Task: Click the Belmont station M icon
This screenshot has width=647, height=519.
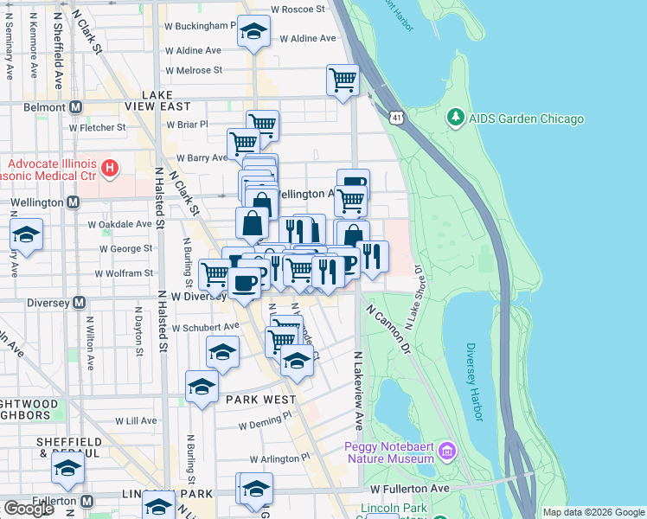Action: [75, 107]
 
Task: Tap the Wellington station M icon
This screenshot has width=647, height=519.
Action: [73, 202]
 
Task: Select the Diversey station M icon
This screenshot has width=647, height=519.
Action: [79, 303]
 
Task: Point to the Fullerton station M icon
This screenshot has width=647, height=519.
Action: [87, 501]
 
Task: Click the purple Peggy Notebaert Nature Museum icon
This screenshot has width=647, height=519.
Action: [446, 450]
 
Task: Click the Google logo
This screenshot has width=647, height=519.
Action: [29, 509]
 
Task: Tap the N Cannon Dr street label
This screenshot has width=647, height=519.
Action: [390, 328]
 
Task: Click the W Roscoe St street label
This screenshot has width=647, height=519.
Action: [297, 9]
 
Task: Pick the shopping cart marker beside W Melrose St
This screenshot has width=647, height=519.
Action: [343, 80]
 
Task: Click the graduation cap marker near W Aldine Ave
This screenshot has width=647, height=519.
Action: [253, 32]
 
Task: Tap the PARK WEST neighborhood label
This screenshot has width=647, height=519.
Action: [259, 400]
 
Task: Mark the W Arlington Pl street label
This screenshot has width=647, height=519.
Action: [279, 458]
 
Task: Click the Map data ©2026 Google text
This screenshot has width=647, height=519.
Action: [593, 512]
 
